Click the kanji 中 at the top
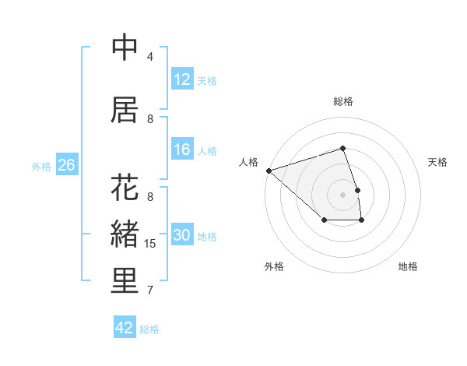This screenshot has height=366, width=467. (x=125, y=48)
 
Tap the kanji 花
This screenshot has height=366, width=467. (x=125, y=188)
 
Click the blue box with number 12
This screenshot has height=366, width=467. (x=182, y=79)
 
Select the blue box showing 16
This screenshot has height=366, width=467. (x=182, y=150)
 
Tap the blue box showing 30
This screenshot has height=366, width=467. (x=182, y=236)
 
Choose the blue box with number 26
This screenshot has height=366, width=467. (x=66, y=165)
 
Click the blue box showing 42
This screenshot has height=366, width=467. (x=125, y=328)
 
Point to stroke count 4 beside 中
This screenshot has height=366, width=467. (x=150, y=57)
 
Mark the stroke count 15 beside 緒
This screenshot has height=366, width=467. (x=150, y=244)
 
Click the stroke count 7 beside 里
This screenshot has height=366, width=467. (x=150, y=290)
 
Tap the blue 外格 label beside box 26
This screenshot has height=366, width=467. (x=41, y=166)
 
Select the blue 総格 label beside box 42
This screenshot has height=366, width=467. (x=149, y=329)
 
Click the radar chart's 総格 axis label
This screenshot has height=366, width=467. (x=343, y=101)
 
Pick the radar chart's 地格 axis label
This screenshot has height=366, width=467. (x=408, y=266)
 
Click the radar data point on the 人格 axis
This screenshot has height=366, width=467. (x=269, y=170)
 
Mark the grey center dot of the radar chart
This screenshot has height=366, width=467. (x=343, y=194)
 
